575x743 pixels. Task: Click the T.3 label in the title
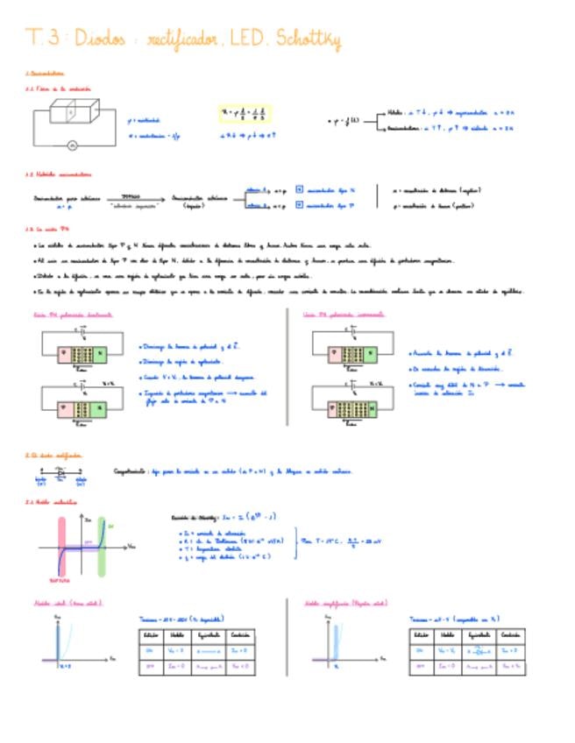[44, 39]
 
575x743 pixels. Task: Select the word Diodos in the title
[100, 39]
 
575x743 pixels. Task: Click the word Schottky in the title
[308, 39]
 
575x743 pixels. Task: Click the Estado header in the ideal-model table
[150, 634]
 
